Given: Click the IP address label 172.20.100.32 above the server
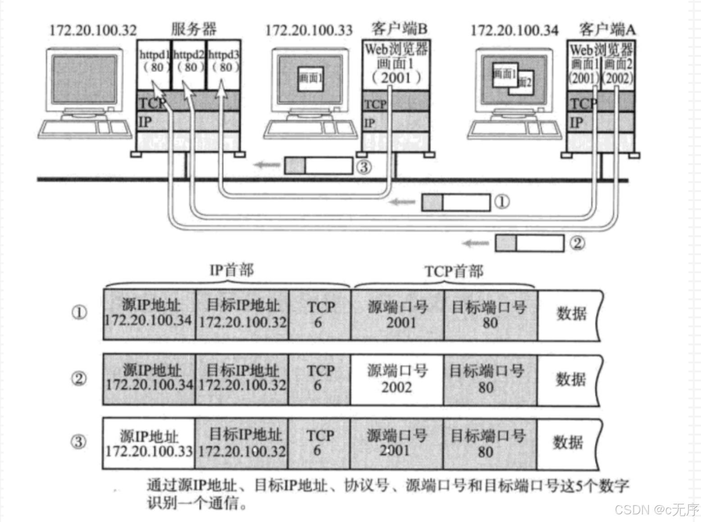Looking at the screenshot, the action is (93, 30).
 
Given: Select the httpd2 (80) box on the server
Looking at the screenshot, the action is (189, 61).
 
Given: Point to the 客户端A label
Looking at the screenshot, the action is (607, 30).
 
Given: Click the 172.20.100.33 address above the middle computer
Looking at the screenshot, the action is (309, 30).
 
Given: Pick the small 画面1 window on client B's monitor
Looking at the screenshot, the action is (310, 78).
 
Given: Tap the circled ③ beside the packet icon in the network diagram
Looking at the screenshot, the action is (364, 167).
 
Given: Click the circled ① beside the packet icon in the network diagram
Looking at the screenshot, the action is (502, 202).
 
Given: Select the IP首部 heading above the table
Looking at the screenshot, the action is (232, 270).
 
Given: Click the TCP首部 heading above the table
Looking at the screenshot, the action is (454, 271).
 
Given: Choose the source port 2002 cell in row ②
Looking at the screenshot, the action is (396, 379).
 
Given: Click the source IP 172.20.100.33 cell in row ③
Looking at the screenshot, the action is (149, 444).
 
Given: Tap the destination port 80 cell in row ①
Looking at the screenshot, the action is (490, 315).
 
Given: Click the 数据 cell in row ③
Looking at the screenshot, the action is (569, 443).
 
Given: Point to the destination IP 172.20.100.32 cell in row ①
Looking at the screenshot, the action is (242, 315).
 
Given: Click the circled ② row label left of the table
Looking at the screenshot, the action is (79, 379).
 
